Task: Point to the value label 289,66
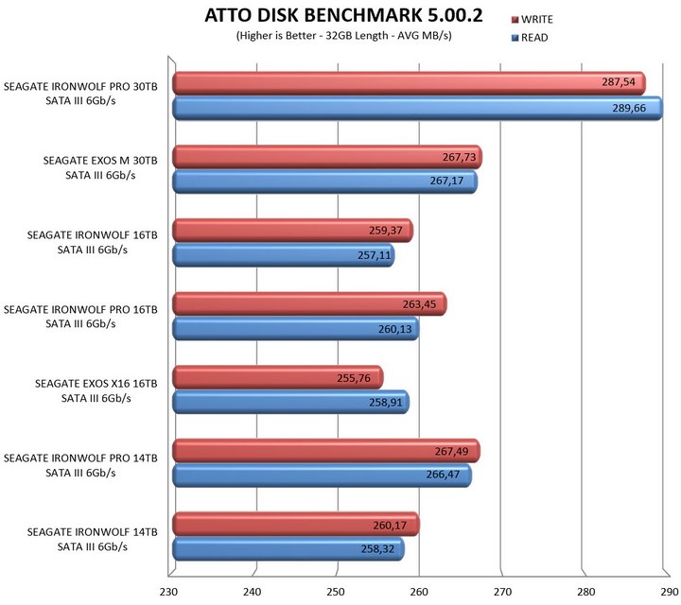(633, 109)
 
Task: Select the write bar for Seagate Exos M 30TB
(326, 157)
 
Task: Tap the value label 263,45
(417, 304)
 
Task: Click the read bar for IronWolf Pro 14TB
(322, 476)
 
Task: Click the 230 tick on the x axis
(169, 593)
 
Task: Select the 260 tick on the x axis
(418, 593)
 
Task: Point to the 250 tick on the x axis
(335, 593)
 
